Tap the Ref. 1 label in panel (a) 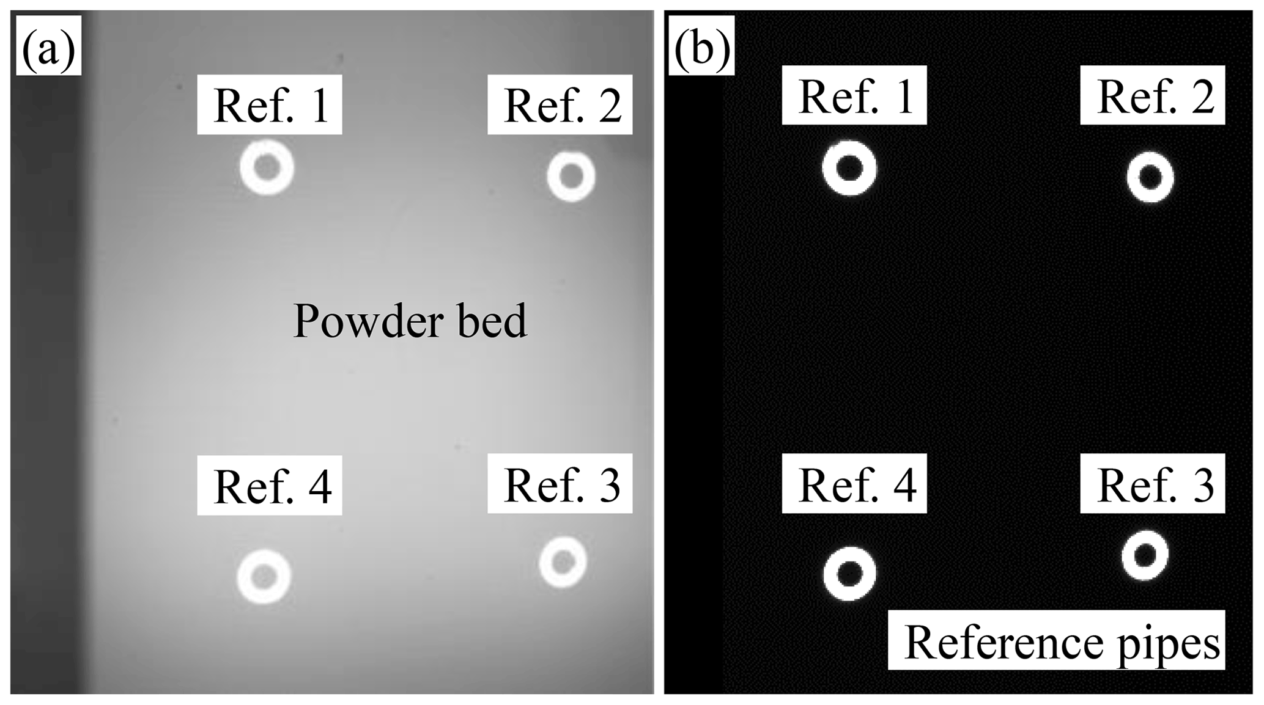[269, 105]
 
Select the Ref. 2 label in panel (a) [560, 105]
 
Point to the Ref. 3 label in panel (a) [560, 484]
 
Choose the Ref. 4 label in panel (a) [269, 485]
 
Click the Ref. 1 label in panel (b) [854, 95]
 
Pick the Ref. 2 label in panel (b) [1152, 95]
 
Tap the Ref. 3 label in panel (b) [1152, 484]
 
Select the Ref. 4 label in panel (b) [854, 484]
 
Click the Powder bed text [410, 321]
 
